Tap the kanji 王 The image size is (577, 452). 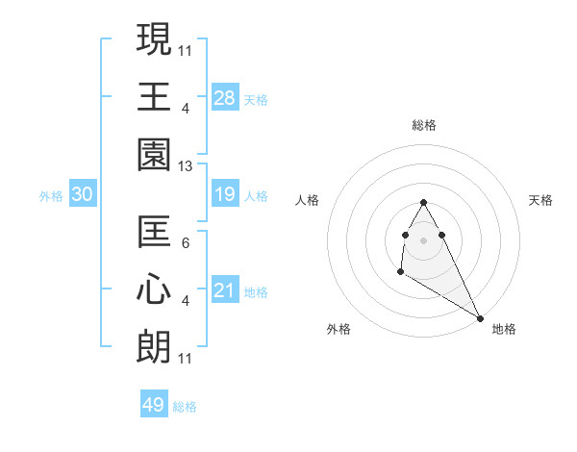tap(154, 97)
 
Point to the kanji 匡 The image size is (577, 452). tap(154, 232)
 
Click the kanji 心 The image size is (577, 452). tap(154, 290)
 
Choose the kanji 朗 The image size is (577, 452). tap(154, 347)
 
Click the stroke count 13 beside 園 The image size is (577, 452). tap(186, 166)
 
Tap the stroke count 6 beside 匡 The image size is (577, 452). tap(186, 242)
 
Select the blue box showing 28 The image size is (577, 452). tap(225, 98)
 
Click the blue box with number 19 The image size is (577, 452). tap(225, 195)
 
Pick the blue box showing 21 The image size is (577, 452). tap(225, 290)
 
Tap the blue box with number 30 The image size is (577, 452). tap(83, 195)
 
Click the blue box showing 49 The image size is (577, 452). tap(154, 405)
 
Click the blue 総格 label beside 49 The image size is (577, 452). tap(185, 407)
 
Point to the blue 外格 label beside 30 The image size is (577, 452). tap(51, 196)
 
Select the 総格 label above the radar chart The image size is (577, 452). tap(423, 125)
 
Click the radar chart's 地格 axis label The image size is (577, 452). tap(504, 329)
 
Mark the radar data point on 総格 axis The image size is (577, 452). tap(423, 203)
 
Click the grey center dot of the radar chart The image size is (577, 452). tap(423, 239)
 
